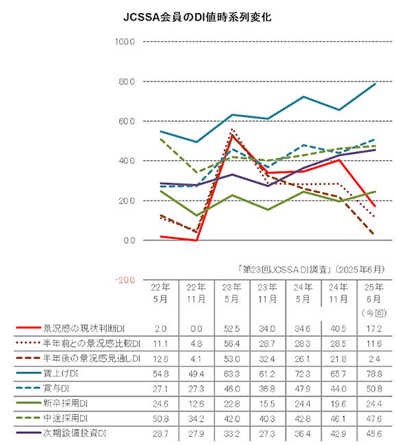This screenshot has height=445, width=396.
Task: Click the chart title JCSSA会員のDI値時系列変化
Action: point(197,17)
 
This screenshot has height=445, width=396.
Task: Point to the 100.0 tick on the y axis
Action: point(125,42)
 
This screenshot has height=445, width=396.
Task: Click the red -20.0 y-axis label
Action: point(125,280)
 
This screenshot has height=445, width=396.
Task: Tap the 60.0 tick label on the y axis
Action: point(127,121)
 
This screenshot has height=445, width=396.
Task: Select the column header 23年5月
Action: point(232,293)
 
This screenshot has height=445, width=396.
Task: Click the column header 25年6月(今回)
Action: point(374,300)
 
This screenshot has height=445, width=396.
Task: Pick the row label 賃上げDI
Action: point(60,373)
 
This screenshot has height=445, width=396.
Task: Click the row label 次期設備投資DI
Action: point(75,433)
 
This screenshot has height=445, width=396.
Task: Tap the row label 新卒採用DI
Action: point(65,403)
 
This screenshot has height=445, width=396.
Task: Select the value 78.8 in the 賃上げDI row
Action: point(374,374)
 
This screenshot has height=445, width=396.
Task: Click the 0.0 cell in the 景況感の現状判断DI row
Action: point(197,329)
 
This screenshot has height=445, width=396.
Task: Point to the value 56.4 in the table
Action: point(232,344)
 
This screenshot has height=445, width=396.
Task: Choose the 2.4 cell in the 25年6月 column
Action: point(374,359)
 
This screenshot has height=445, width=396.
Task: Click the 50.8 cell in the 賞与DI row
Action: point(374,389)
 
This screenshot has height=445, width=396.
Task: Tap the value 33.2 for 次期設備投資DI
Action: point(232,433)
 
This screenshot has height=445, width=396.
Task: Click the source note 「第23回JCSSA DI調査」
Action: point(285,269)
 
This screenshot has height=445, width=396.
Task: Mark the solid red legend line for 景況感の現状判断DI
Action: point(28,328)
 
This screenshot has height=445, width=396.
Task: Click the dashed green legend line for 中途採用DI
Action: point(28,418)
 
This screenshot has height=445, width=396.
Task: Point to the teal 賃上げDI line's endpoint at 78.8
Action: point(375,84)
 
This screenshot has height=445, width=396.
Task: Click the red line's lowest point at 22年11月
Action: point(197,240)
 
